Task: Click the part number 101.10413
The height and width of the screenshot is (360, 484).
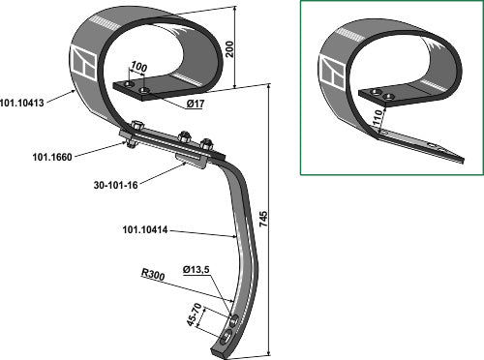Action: [x=21, y=104]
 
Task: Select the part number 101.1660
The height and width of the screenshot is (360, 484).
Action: [x=52, y=157]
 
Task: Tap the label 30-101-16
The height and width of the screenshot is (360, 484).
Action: [x=115, y=185]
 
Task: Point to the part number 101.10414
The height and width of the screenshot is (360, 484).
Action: [x=145, y=230]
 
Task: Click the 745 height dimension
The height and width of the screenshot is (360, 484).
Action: [x=263, y=219]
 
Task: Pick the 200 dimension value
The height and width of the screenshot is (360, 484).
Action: [x=229, y=49]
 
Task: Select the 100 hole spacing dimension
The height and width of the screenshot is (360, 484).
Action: [x=138, y=67]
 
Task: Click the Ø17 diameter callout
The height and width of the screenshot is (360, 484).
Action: [x=196, y=104]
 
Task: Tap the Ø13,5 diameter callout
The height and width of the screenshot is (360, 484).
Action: [x=196, y=270]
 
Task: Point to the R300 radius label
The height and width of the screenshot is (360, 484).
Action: [x=153, y=275]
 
